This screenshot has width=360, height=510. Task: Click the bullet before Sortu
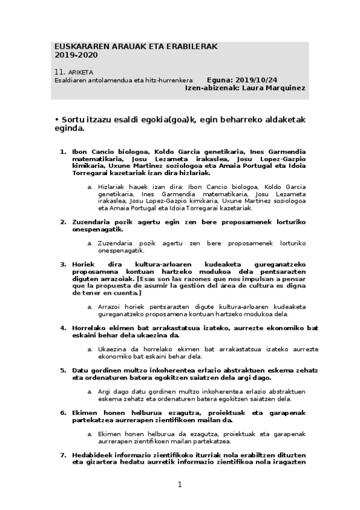coord(56,119)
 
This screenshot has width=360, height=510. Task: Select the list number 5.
coord(63,370)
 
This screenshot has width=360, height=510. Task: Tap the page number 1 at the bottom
coord(180,485)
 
